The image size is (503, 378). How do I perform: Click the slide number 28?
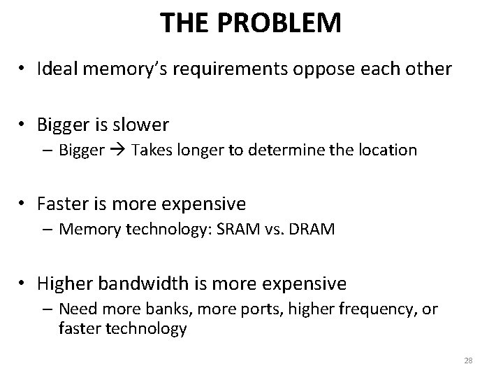click(468, 360)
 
